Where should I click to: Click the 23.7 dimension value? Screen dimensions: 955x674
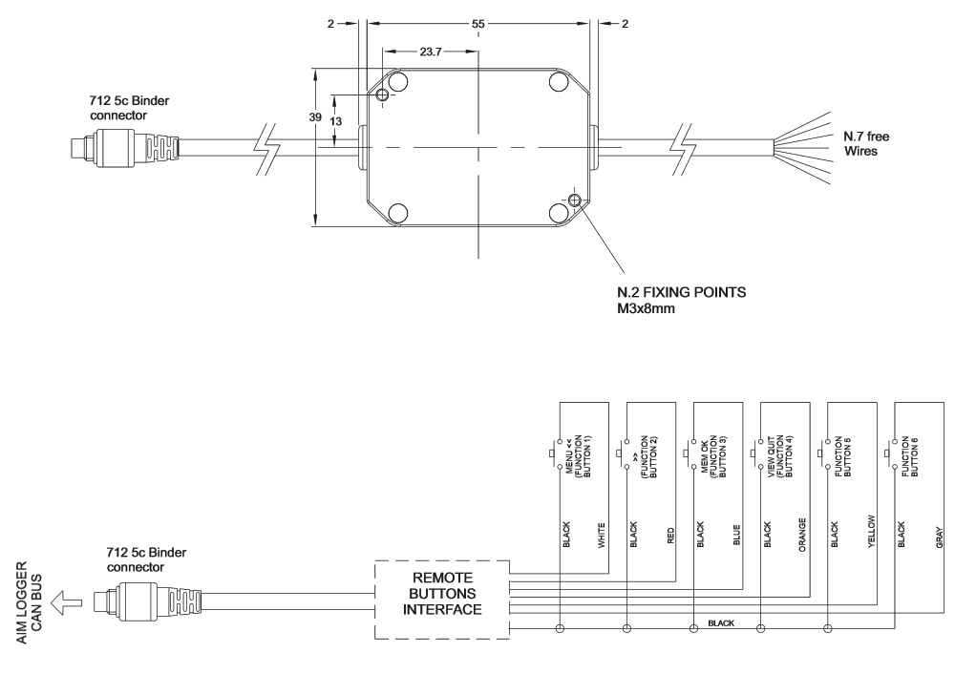tap(430, 52)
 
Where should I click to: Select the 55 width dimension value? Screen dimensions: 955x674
tap(478, 24)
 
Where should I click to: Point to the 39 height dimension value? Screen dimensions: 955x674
tap(315, 116)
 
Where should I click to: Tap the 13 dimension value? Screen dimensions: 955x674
tap(335, 121)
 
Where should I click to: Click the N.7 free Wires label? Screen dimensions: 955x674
tap(866, 144)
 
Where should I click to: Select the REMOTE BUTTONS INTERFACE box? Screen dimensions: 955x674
tap(442, 600)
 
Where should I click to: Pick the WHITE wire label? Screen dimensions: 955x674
tap(601, 536)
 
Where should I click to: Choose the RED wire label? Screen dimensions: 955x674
tap(670, 536)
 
